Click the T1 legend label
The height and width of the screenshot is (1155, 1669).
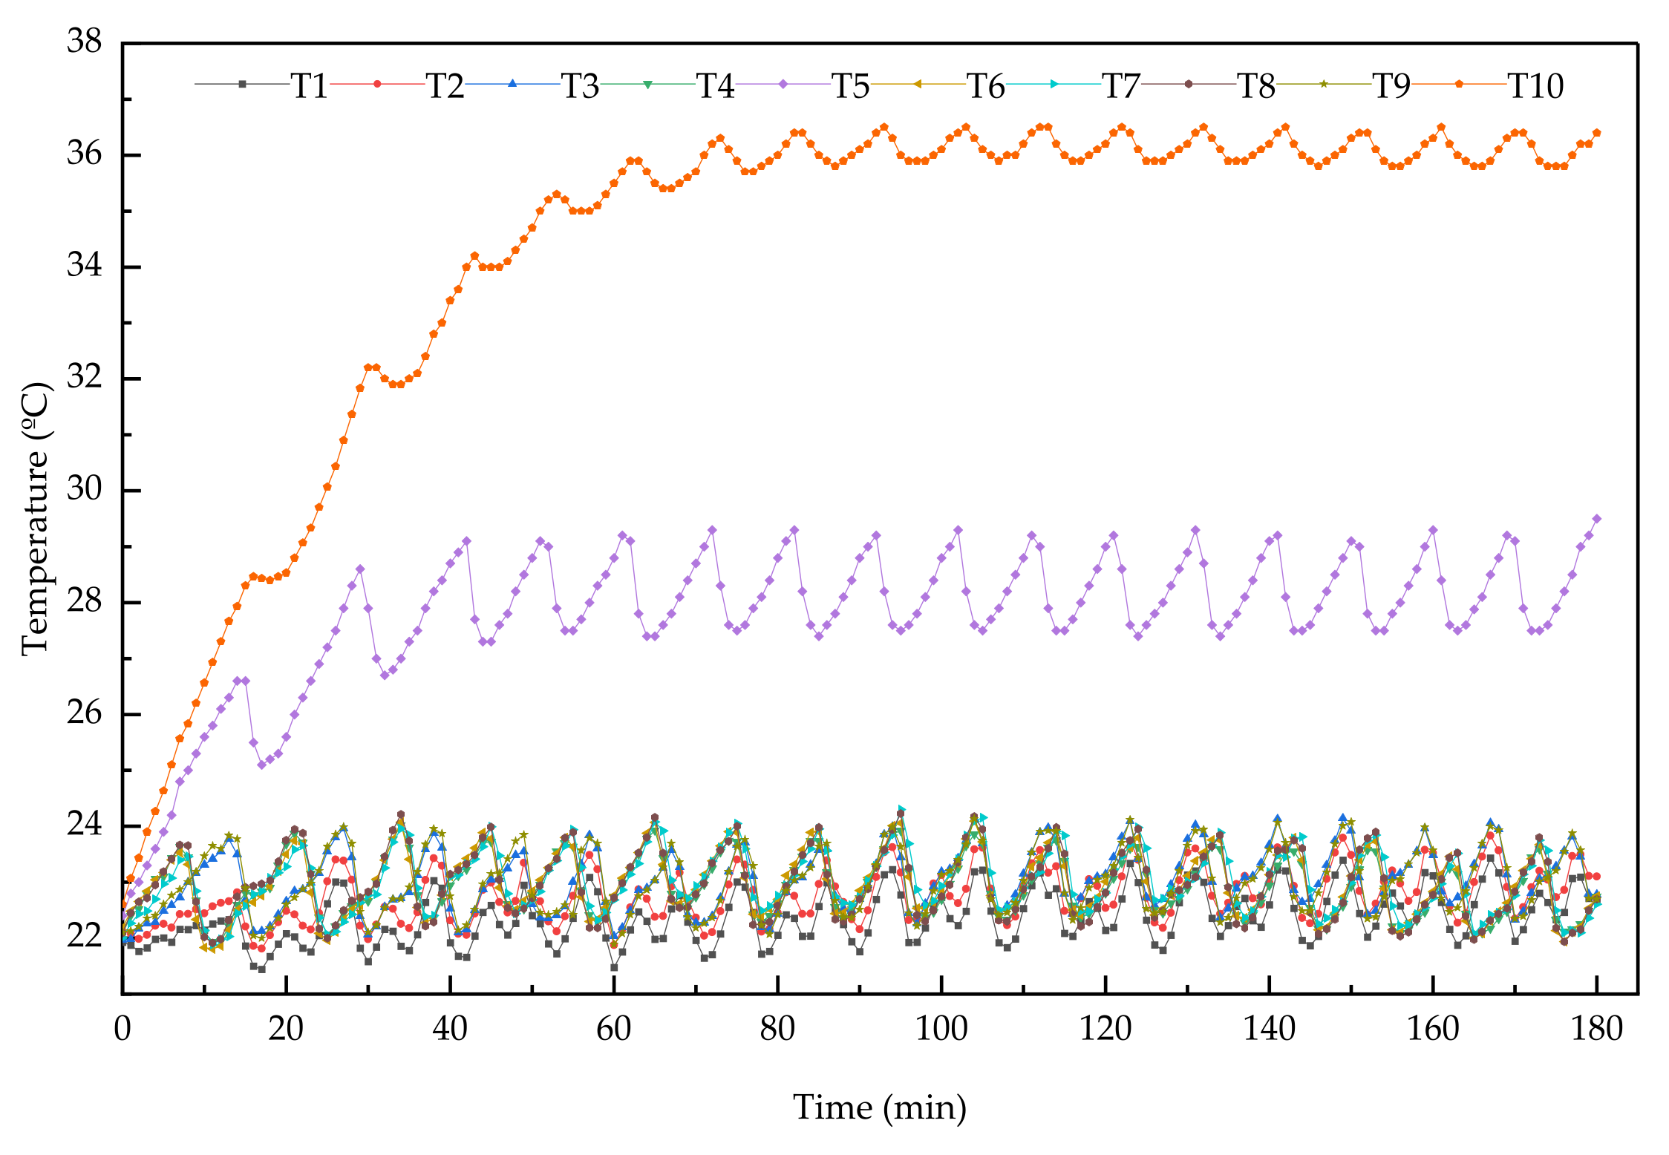(309, 87)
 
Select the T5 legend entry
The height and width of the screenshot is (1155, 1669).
(850, 87)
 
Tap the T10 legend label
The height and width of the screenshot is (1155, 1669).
(1535, 87)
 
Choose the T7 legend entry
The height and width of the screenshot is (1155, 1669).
(1120, 87)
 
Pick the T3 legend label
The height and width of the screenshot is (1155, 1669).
(580, 87)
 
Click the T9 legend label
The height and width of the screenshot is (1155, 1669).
(1391, 87)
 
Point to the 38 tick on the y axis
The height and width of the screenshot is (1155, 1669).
(84, 41)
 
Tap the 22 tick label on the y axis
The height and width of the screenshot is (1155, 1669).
(84, 936)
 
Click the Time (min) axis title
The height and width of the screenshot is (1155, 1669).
(880, 1107)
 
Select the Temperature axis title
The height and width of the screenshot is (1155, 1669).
(36, 519)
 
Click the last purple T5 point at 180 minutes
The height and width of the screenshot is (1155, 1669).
(1597, 519)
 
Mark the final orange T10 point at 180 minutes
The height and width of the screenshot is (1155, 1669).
(1597, 133)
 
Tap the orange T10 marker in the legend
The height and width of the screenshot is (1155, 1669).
(1458, 84)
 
